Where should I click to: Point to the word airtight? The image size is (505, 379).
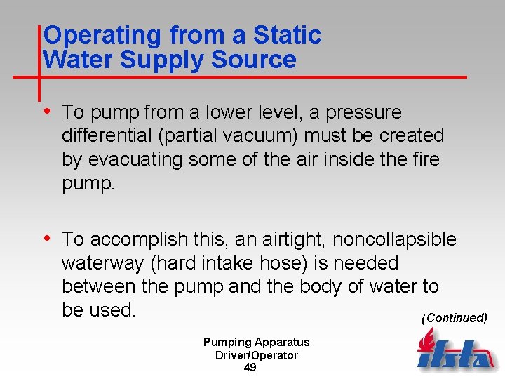(293, 240)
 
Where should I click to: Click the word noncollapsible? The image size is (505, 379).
(394, 240)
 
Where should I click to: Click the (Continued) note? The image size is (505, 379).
(454, 318)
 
